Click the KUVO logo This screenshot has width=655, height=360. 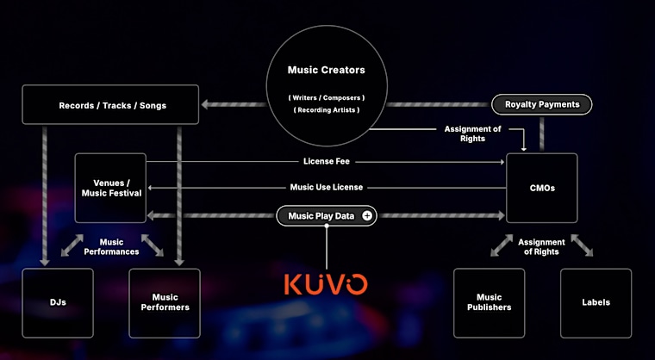click(326, 284)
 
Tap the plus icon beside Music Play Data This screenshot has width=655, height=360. click(367, 216)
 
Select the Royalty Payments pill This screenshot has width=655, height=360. click(542, 104)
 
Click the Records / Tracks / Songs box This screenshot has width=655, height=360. click(110, 104)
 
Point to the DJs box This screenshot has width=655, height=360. click(58, 303)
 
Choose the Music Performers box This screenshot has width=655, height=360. click(165, 303)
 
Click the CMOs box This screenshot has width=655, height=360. click(542, 188)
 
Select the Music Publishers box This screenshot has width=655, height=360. click(489, 303)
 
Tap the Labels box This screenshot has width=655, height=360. click(596, 303)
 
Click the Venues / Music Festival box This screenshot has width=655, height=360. click(110, 188)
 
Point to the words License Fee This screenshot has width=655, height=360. click(327, 161)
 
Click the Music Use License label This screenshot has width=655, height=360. click(327, 187)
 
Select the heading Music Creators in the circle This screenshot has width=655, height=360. click(327, 70)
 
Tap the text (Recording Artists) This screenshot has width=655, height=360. click(327, 110)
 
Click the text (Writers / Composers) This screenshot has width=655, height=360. click(327, 97)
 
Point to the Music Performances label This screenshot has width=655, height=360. click(111, 247)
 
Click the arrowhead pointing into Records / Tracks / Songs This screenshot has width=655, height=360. click(205, 104)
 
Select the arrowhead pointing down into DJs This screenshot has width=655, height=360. click(45, 263)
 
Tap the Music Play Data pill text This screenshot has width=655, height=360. click(321, 216)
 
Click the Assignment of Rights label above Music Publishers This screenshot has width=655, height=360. click(541, 247)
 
